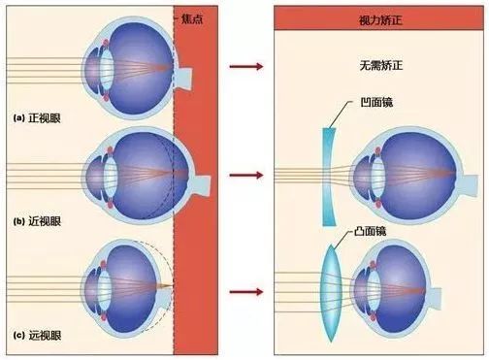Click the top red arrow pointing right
(x=246, y=67)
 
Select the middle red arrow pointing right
(x=246, y=176)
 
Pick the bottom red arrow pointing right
(x=246, y=290)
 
